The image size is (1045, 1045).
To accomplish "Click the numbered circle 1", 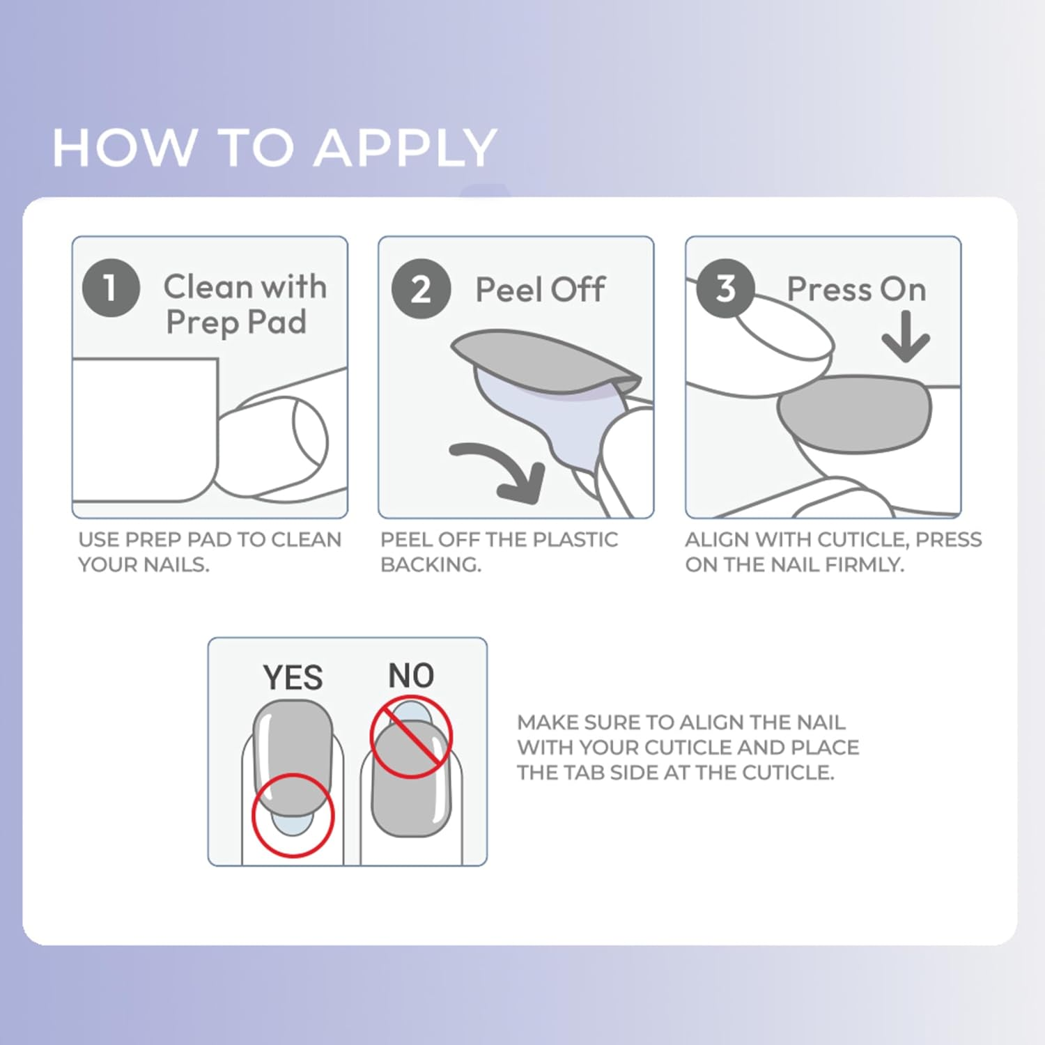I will coord(111,288).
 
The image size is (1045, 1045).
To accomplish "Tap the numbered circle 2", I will coord(421,288).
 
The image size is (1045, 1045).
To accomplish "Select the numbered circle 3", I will coord(725,288).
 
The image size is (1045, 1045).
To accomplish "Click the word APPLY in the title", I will coord(405,148).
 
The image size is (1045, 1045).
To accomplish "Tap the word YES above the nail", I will coord(293,677).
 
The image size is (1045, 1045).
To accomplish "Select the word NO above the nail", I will coord(411,676).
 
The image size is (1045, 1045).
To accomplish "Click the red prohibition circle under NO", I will coord(411,738).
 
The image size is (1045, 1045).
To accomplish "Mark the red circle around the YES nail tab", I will coord(293,815).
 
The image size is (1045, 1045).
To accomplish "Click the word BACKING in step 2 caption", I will coord(431,564).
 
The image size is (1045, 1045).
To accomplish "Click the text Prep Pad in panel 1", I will coord(236,323).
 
